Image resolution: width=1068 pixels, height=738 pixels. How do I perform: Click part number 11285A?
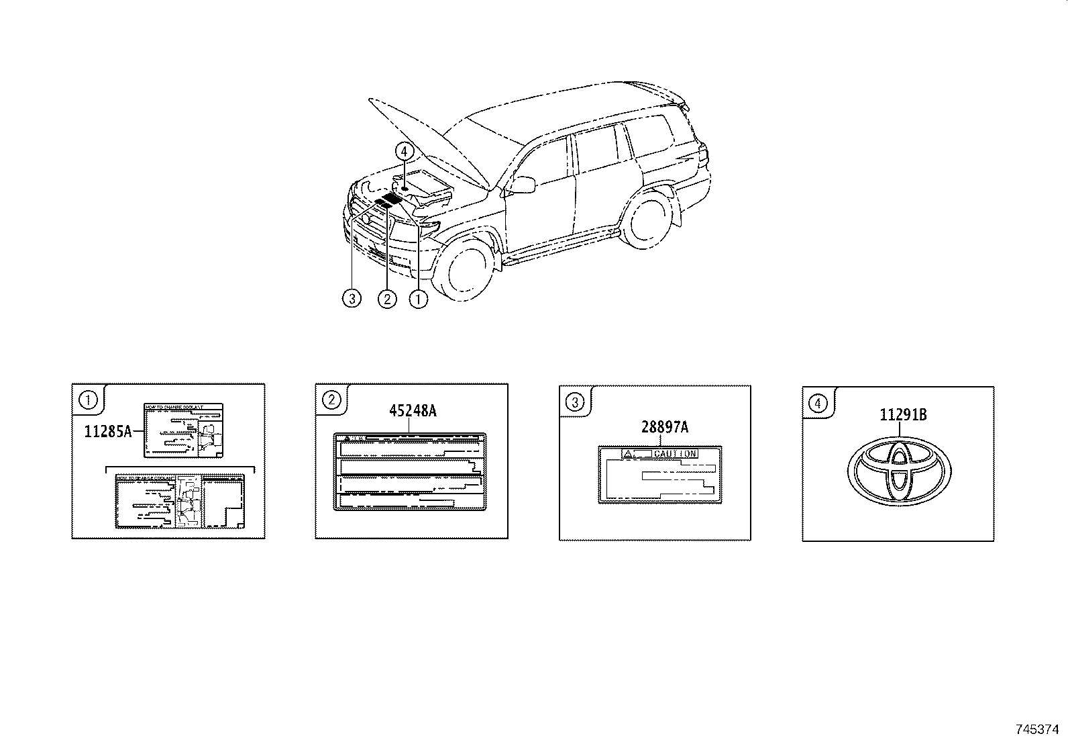[107, 432]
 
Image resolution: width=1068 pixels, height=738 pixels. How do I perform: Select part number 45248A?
[413, 411]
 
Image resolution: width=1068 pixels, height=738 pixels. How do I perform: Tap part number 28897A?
[664, 427]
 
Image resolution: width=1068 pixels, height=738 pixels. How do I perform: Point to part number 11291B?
[903, 416]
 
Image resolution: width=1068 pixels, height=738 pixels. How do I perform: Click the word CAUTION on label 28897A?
[675, 454]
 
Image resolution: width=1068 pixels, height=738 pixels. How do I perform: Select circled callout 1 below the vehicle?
[418, 298]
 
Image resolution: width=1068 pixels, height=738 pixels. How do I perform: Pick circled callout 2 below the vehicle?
[387, 298]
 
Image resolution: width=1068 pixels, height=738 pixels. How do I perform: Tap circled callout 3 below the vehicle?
[352, 298]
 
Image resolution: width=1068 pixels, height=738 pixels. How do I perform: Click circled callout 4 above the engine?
[404, 152]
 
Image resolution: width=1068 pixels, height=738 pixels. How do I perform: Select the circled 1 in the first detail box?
[87, 401]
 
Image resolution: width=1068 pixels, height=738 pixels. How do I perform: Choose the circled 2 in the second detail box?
[331, 401]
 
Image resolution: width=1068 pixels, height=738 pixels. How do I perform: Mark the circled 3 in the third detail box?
[574, 403]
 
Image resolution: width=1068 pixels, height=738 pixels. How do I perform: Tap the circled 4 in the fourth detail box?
[817, 404]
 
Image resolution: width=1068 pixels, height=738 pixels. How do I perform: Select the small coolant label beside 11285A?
[184, 430]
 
